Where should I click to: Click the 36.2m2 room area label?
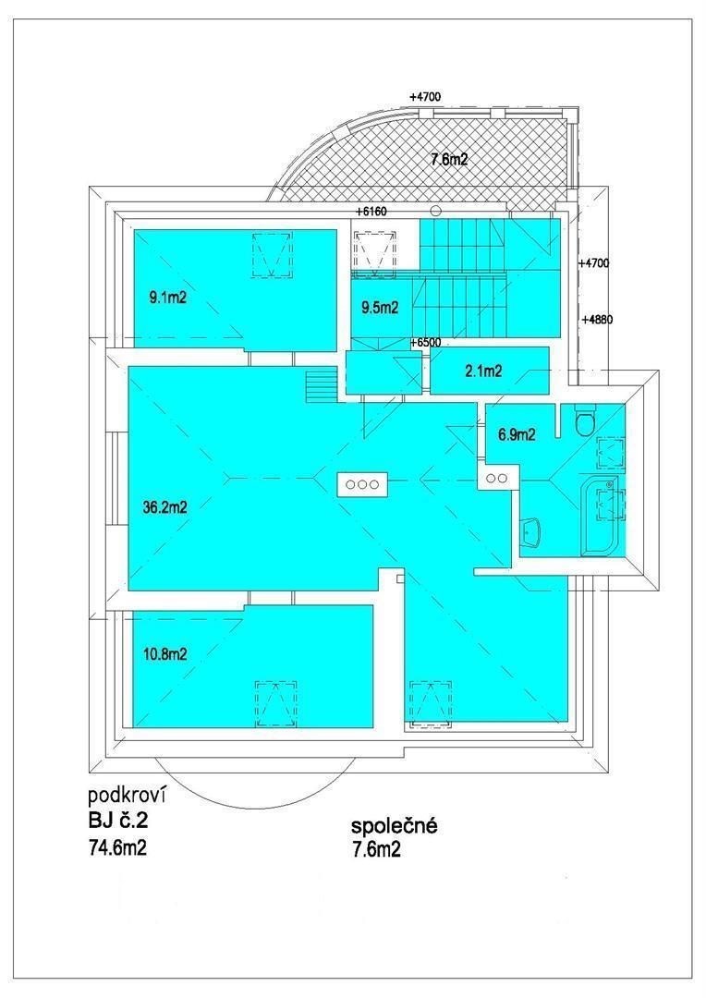click(x=164, y=508)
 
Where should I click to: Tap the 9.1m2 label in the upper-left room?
click(x=166, y=298)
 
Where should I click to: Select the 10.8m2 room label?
click(x=164, y=653)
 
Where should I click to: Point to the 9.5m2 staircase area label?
click(x=380, y=308)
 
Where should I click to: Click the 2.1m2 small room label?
click(x=483, y=371)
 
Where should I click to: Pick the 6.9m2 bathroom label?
click(x=516, y=435)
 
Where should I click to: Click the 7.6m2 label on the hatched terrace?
click(x=449, y=159)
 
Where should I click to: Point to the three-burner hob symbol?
click(x=362, y=483)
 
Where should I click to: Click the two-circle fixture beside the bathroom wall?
click(x=497, y=478)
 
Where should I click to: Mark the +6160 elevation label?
click(x=371, y=212)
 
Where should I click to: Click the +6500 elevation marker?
click(x=426, y=343)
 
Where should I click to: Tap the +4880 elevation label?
click(x=597, y=320)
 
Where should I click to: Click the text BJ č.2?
click(x=117, y=820)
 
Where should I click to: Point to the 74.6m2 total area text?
click(x=117, y=847)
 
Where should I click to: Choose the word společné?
click(x=395, y=826)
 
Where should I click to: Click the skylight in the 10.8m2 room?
click(x=276, y=704)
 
